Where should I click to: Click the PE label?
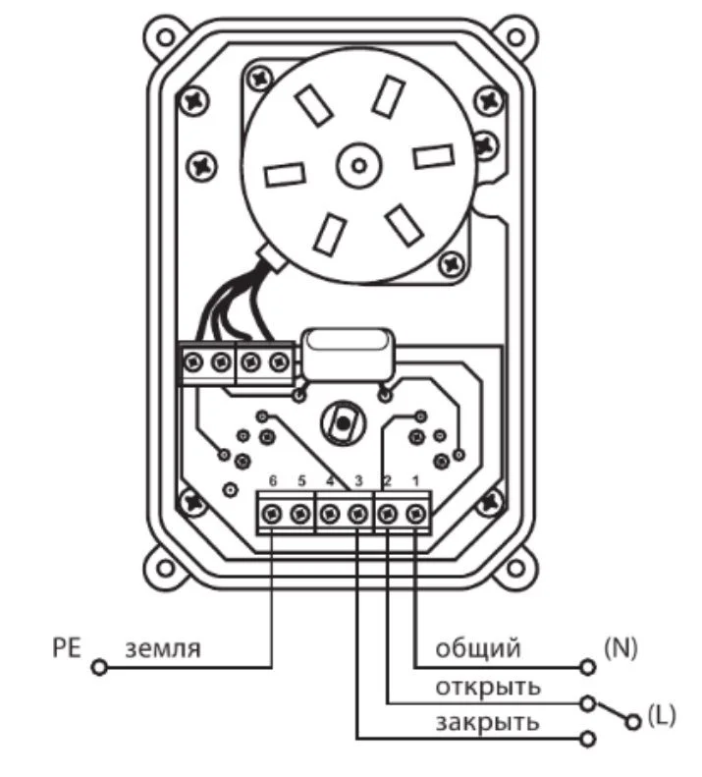(x=67, y=648)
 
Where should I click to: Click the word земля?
(x=163, y=649)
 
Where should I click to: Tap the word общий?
(x=478, y=648)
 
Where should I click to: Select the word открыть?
(x=488, y=688)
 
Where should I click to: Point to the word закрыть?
(x=488, y=723)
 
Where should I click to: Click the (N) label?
(x=621, y=647)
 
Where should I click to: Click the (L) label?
(x=662, y=715)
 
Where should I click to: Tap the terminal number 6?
(x=273, y=480)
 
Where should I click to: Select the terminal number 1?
(x=415, y=480)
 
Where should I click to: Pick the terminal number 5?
(x=301, y=480)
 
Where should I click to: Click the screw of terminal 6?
(x=272, y=514)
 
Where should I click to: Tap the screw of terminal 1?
(x=416, y=514)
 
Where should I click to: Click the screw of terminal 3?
(x=357, y=514)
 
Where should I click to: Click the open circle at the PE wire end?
(x=99, y=668)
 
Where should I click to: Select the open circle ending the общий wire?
(x=587, y=668)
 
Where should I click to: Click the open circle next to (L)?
(x=632, y=722)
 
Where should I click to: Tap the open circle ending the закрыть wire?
(x=587, y=740)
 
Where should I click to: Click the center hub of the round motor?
(x=359, y=165)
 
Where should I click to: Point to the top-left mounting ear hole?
(x=166, y=37)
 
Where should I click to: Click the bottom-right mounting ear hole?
(x=515, y=568)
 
